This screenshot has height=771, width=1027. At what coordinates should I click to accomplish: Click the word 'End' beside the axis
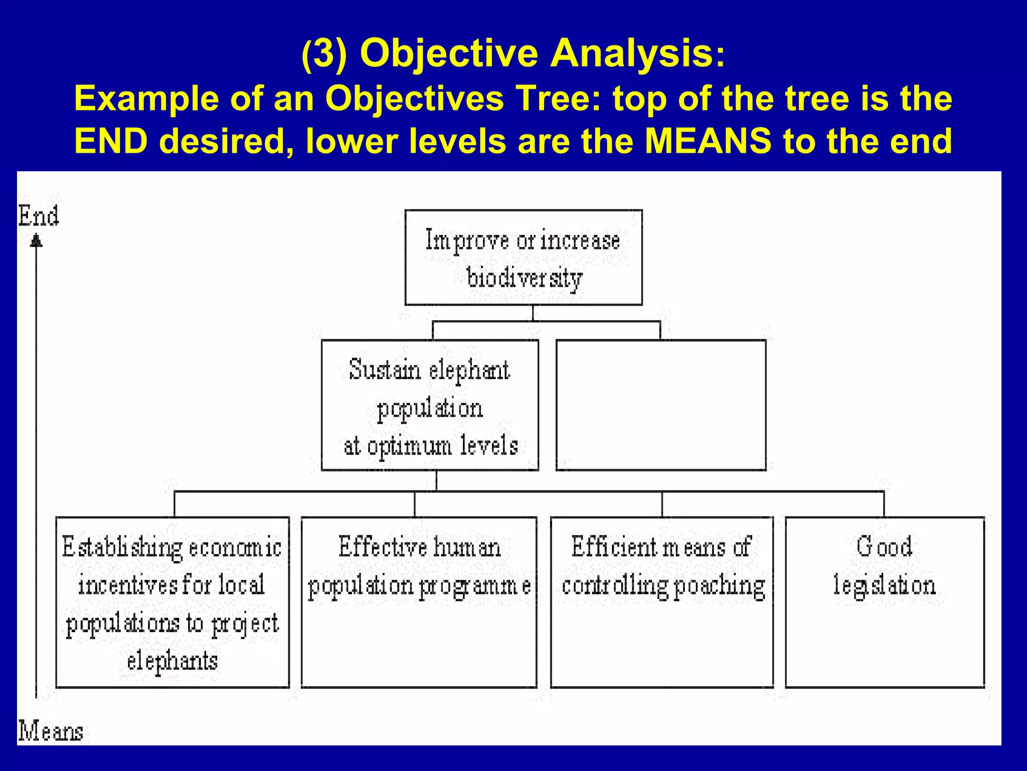38,216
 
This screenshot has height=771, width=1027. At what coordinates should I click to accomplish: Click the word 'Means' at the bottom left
51,731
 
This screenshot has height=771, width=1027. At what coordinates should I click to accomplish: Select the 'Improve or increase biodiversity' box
523,258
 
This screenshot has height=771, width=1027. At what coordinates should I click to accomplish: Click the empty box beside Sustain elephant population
660,405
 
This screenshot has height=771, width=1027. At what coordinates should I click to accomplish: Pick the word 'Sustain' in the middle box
385,370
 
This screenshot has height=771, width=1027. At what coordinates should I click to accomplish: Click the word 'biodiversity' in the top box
524,278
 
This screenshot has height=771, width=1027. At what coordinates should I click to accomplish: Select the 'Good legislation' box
884,602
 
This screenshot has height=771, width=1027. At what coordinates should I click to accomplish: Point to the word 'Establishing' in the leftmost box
122,548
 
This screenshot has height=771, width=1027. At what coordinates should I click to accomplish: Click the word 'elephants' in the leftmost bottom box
172,661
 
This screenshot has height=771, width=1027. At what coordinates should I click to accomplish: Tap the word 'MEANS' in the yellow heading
708,141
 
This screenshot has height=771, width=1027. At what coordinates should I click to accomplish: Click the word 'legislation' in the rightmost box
884,586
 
